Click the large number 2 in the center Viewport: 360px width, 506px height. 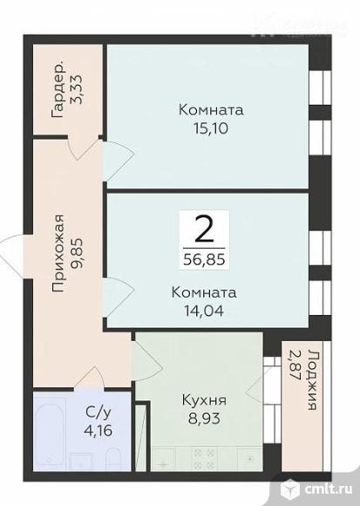click(203, 229)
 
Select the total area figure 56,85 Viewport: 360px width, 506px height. click(203, 259)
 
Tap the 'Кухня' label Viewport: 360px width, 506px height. click(204, 401)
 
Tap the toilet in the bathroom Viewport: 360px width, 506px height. click(112, 460)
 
